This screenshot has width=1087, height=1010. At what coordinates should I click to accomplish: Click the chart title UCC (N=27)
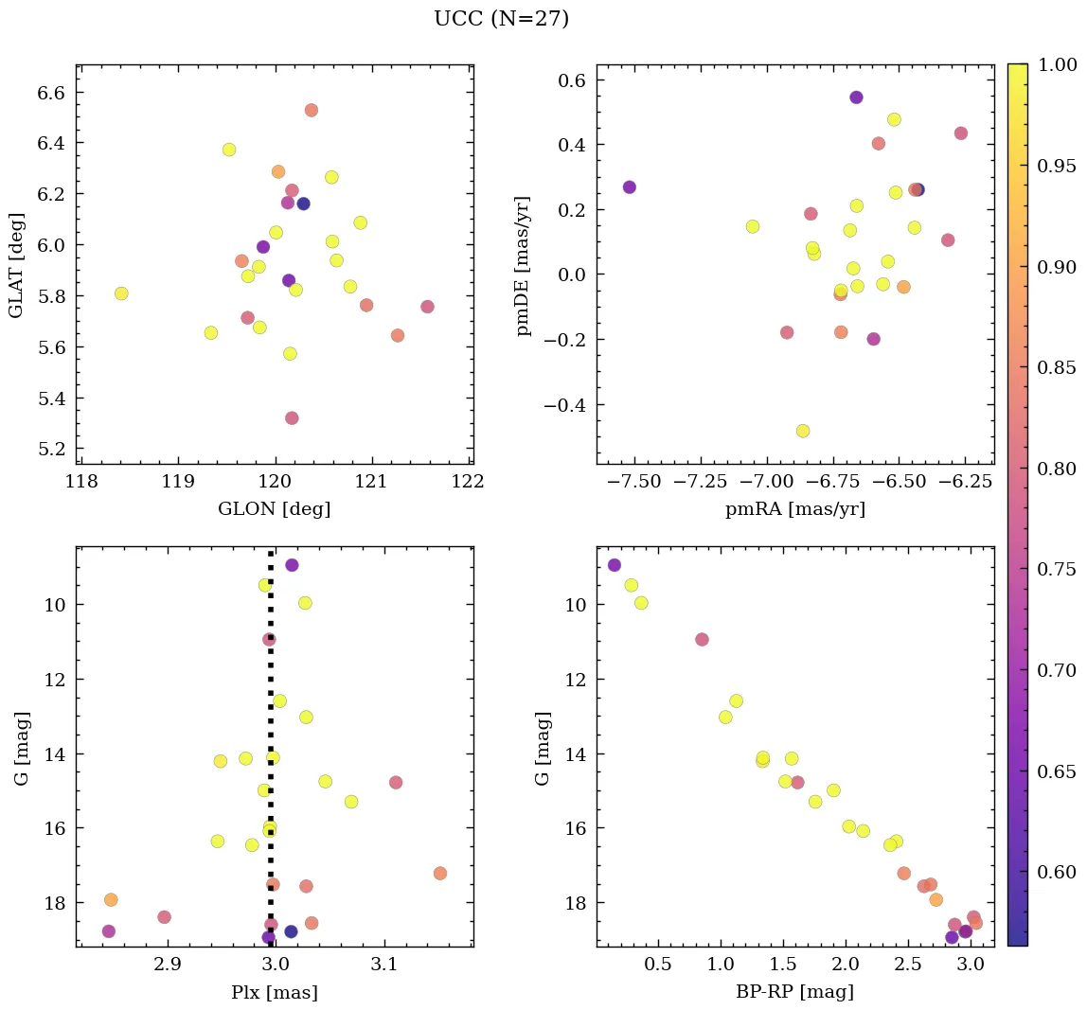coord(501,19)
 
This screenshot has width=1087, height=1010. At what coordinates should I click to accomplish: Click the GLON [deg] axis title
coord(274,509)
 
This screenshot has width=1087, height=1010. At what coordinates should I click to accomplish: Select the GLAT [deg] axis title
coord(16,264)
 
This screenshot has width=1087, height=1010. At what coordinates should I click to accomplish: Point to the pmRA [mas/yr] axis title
coord(794,509)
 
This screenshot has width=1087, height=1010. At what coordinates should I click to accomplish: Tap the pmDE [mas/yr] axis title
coord(523,266)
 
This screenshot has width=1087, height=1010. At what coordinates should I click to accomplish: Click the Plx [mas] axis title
coord(274,992)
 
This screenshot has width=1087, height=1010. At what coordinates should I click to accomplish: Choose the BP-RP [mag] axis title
coord(794,992)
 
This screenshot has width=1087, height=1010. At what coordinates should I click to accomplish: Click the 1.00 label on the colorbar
coord(1057,65)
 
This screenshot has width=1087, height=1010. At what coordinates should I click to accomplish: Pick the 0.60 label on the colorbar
coord(1057,872)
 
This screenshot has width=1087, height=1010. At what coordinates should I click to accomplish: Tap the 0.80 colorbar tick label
coord(1057,469)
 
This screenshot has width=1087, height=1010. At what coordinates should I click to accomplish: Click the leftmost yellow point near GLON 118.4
coord(121,293)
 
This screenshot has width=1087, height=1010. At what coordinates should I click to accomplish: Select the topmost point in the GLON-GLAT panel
coord(312,111)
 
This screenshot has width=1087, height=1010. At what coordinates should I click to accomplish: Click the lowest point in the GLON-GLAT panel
coord(292,418)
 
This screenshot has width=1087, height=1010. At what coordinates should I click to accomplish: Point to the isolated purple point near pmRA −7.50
coord(629,187)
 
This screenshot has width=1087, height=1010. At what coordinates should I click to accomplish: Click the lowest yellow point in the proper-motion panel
coord(803,431)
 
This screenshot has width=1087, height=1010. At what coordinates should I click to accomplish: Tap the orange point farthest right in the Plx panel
coord(440,873)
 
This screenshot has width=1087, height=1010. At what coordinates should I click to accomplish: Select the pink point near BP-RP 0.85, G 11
coord(702,639)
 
